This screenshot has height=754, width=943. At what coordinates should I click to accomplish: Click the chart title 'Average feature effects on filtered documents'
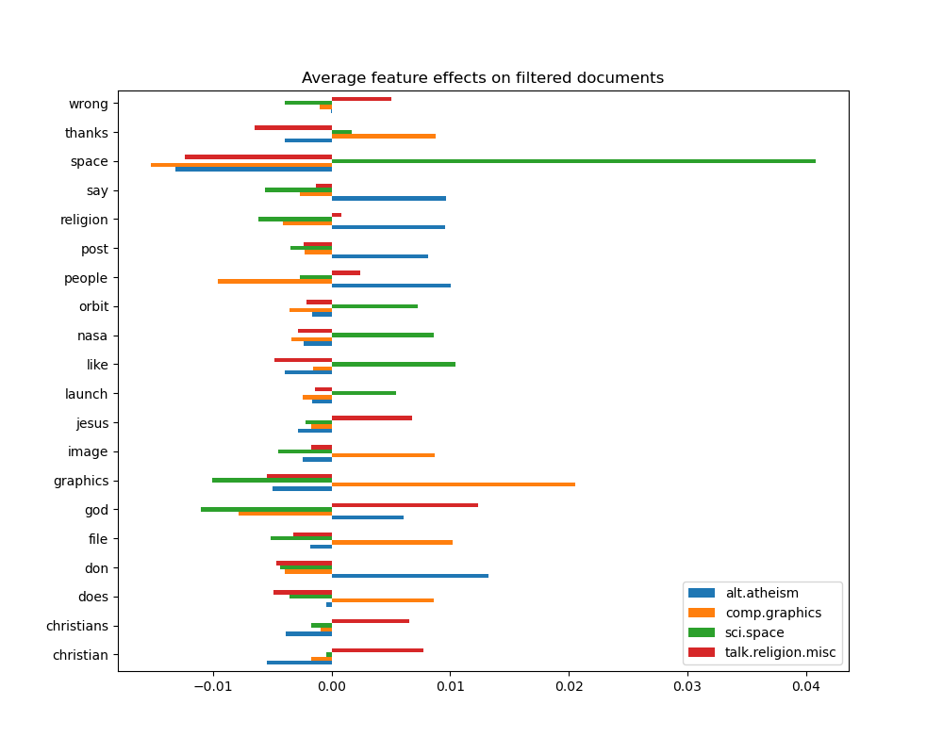click(x=482, y=78)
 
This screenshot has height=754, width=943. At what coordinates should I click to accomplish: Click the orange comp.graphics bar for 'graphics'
click(x=453, y=484)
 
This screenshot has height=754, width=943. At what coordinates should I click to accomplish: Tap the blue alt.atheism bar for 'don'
click(x=409, y=575)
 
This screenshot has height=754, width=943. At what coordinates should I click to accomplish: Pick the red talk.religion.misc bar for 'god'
click(x=405, y=505)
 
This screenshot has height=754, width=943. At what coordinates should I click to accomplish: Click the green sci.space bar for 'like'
click(x=393, y=364)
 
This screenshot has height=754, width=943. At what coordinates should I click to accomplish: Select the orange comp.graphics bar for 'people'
click(x=274, y=281)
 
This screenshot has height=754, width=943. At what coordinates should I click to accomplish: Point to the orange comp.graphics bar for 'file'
click(x=391, y=542)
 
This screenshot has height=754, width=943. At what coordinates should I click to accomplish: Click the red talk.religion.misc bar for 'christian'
click(x=377, y=650)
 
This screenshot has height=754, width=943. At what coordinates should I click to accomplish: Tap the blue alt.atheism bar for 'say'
click(x=389, y=198)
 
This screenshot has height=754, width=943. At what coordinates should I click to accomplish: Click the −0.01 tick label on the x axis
click(x=212, y=685)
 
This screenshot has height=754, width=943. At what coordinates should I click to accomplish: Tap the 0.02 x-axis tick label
click(x=569, y=685)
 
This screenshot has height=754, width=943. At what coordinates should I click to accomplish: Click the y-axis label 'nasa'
click(x=92, y=336)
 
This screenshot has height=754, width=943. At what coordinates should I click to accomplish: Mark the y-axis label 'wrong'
click(x=89, y=104)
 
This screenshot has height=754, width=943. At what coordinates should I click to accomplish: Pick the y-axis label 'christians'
click(x=77, y=626)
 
